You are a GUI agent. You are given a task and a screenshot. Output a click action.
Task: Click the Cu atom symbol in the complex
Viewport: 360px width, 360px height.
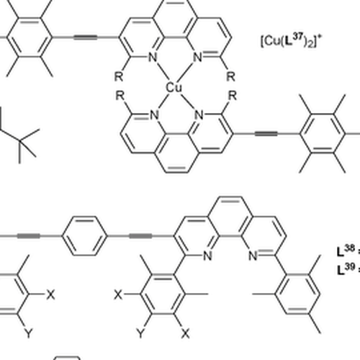(x=174, y=88)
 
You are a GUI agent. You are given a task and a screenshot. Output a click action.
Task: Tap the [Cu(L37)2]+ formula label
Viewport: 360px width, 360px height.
(x=291, y=41)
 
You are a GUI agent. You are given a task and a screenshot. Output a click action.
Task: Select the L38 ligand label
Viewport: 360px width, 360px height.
(x=346, y=251)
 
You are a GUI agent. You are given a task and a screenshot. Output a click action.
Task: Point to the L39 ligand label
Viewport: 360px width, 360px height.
(x=346, y=269)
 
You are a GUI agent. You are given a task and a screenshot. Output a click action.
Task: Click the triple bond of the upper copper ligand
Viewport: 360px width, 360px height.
(x=86, y=37)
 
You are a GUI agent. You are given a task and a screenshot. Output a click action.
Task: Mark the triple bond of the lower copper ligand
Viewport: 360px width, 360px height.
(x=266, y=134)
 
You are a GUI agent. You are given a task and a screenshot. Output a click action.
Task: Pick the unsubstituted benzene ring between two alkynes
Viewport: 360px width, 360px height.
(x=84, y=236)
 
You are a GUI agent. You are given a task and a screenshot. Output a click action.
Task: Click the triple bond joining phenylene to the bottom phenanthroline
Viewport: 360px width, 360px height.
(x=140, y=236)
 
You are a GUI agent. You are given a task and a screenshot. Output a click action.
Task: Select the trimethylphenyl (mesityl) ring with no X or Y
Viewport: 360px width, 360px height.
(x=297, y=294)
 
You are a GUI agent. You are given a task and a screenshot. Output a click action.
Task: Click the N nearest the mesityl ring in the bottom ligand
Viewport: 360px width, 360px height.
(x=253, y=256)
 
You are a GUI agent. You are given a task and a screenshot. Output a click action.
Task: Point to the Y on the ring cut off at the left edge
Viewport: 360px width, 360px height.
(x=29, y=333)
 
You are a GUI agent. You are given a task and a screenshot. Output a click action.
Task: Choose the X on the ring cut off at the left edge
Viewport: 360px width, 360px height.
(x=50, y=294)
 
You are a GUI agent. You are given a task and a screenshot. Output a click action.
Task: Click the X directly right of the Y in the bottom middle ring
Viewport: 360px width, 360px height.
(x=185, y=333)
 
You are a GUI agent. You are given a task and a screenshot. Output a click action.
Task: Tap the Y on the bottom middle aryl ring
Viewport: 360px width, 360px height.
(x=141, y=333)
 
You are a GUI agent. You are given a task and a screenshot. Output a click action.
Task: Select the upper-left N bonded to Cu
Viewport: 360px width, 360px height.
(x=152, y=58)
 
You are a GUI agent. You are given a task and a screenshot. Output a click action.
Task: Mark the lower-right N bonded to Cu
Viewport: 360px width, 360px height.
(x=199, y=115)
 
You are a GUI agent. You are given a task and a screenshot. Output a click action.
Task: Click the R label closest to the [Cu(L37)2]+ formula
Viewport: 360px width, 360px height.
(x=230, y=76)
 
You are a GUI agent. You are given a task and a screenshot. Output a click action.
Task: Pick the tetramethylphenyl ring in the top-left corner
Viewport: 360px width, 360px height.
(x=30, y=37)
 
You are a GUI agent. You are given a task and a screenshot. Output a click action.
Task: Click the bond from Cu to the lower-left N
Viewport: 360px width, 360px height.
(x=163, y=102)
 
